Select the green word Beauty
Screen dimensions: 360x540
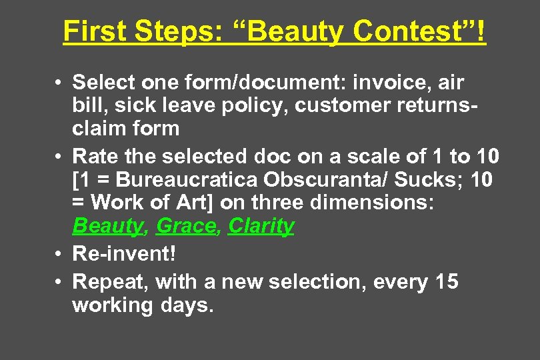pos(107,226)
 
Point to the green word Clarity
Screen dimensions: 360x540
pos(261,226)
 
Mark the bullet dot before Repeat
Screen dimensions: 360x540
pos(59,283)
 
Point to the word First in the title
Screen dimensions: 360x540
pos(95,31)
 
